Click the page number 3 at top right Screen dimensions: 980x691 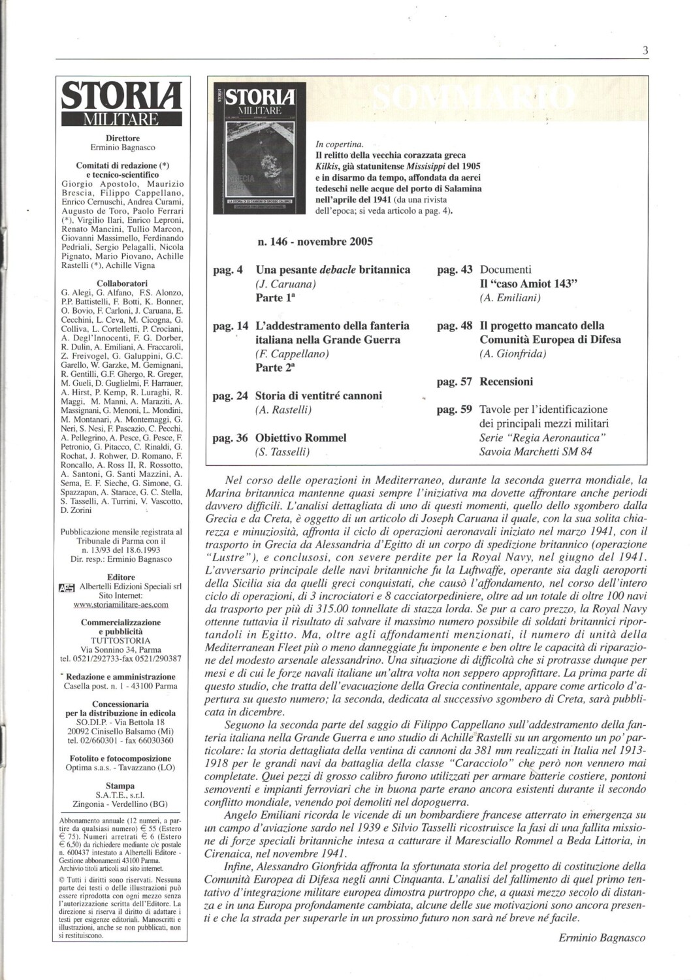[x=645, y=52]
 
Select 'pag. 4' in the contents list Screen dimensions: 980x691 [x=228, y=269]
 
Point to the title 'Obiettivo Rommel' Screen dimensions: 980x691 [x=301, y=437]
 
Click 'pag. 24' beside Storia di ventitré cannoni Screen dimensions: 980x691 [x=231, y=395]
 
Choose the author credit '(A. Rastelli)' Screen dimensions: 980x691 [x=283, y=410]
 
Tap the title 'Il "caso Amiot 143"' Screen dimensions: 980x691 [x=530, y=284]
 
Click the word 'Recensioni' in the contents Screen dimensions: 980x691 [x=506, y=382]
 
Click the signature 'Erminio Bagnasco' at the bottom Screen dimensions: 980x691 [x=602, y=938]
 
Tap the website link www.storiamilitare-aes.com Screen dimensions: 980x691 [x=122, y=605]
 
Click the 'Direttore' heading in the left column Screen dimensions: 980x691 [x=123, y=138]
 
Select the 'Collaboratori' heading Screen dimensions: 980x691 [x=123, y=283]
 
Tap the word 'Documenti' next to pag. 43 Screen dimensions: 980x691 [x=506, y=269]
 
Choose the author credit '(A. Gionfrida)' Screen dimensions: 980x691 [x=513, y=353]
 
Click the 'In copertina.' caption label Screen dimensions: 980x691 [x=339, y=144]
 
